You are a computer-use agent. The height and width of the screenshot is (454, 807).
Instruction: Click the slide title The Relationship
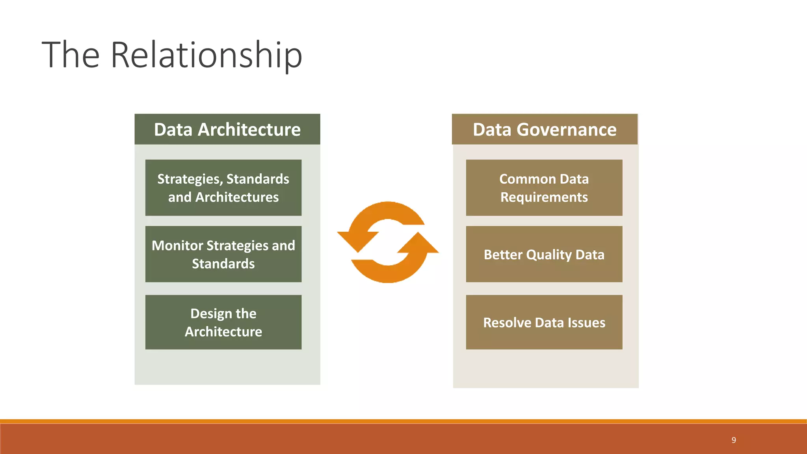tap(172, 55)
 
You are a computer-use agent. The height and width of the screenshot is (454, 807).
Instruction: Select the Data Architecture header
tap(227, 129)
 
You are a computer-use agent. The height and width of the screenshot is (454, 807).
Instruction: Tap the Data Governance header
tap(545, 129)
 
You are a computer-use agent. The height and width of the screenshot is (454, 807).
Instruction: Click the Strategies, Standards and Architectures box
tap(223, 188)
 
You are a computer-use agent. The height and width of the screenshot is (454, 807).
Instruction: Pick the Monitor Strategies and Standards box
tap(223, 254)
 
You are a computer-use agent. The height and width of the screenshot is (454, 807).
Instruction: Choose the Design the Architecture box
tap(223, 322)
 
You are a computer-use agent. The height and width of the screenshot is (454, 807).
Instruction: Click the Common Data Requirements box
tap(544, 188)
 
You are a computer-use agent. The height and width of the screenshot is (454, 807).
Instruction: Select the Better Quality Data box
tap(544, 254)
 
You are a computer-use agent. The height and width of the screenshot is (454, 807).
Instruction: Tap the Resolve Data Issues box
tap(544, 322)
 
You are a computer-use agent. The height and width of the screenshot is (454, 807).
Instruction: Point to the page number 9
tap(734, 440)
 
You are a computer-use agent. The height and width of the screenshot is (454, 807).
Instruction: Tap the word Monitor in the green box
tap(177, 246)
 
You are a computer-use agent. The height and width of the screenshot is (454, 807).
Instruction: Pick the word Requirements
tap(544, 197)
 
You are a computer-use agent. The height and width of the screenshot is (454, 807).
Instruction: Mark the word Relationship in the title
tap(206, 55)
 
